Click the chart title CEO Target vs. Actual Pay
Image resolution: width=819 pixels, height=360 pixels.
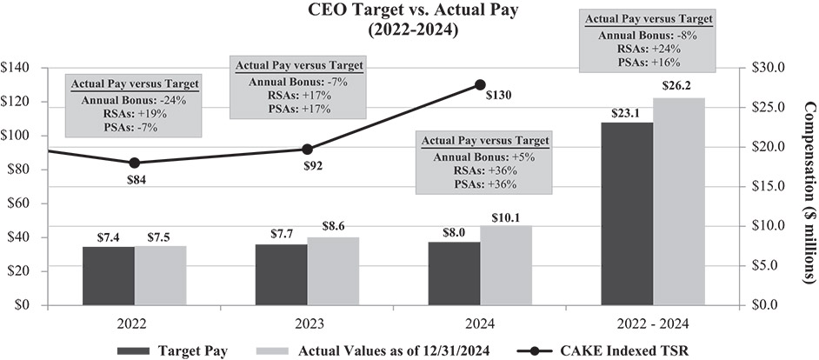coord(409,11)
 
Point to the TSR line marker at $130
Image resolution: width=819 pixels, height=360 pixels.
coord(480,84)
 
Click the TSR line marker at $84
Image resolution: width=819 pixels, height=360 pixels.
coord(135,163)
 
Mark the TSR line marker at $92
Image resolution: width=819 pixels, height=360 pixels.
coord(307,150)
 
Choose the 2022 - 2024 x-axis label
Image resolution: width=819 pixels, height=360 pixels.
coord(653,323)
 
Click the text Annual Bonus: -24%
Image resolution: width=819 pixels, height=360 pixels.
coord(135,100)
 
